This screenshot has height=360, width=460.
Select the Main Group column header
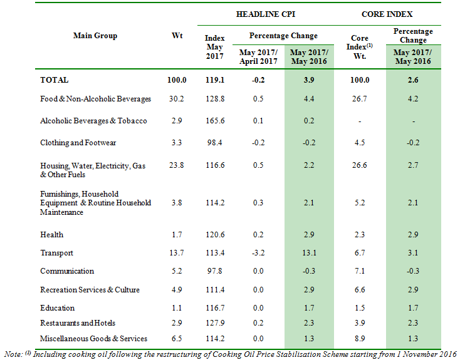pos(95,36)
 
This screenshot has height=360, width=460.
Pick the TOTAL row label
pos(55,80)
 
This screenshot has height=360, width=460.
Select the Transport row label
pos(57,253)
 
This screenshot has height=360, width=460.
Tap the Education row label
pos(58,308)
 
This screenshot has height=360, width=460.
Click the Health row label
pos(52,235)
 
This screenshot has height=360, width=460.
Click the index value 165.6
pos(214,121)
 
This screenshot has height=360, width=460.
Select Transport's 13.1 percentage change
pos(309,253)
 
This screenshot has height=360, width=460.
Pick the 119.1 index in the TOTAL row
pos(214,80)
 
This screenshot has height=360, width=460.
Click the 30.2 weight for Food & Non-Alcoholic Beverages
pos(177,99)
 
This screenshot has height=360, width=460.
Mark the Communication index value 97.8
pos(214,271)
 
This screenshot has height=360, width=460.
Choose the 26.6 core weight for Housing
pos(360,166)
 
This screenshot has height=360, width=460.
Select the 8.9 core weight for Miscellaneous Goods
pos(360,339)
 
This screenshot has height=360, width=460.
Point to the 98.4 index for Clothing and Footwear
pos(214,143)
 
